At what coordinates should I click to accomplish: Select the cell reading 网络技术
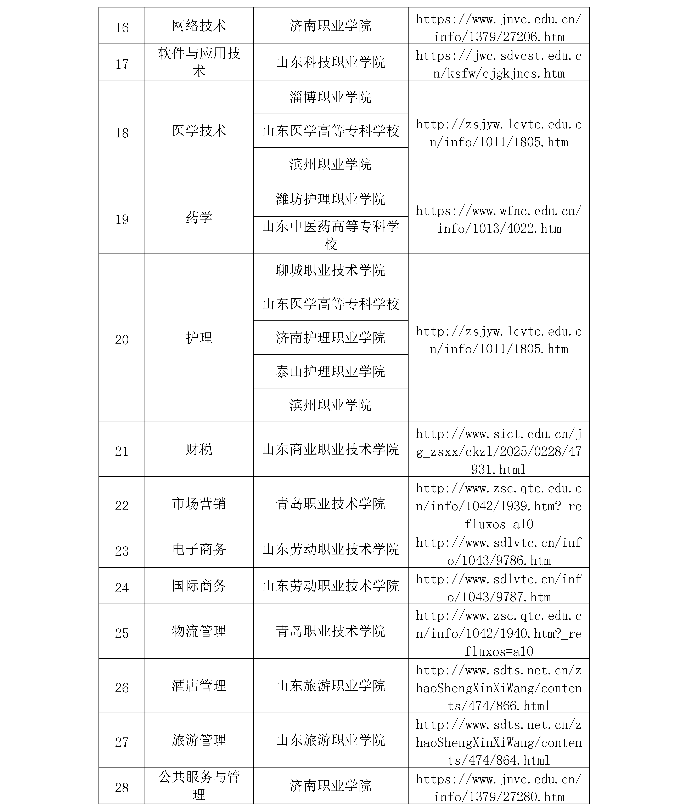[x=199, y=26]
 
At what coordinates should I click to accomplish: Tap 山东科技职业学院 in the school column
[x=331, y=62]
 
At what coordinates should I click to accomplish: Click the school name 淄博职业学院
[x=331, y=97]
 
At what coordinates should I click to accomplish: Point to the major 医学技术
[x=199, y=131]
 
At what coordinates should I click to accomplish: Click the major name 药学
[x=199, y=217]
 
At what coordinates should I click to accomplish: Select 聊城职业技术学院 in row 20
[x=331, y=270]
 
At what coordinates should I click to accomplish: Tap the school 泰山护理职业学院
[x=331, y=372]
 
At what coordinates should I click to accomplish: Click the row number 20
[x=122, y=340]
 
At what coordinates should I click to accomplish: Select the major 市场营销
[x=199, y=504]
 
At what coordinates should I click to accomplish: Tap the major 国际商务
[x=199, y=586]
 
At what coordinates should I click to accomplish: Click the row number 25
[x=122, y=633]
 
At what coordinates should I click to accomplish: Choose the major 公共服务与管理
[x=199, y=786]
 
